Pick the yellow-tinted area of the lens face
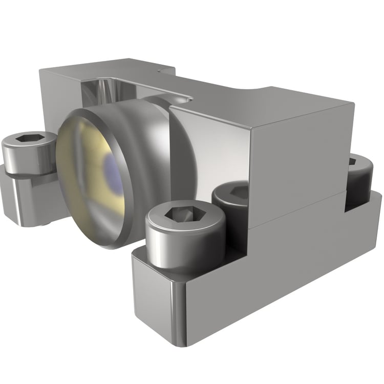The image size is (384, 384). (x=82, y=169)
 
